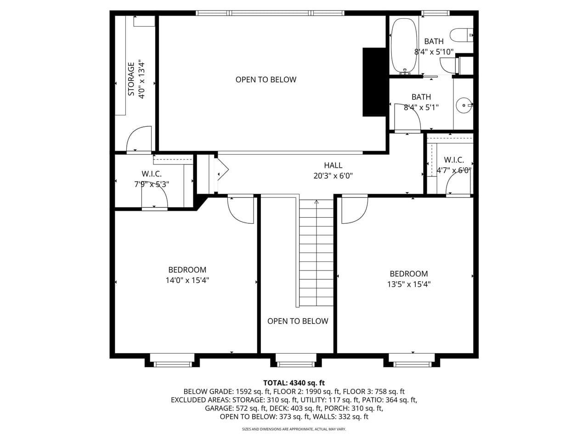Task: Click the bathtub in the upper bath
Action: pyautogui.click(x=404, y=45)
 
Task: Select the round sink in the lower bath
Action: pyautogui.click(x=464, y=105)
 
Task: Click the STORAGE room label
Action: pyautogui.click(x=131, y=79)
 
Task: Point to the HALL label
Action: pyautogui.click(x=333, y=165)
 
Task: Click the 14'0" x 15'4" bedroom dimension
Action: pyautogui.click(x=187, y=280)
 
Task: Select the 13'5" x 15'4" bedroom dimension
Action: pyautogui.click(x=408, y=284)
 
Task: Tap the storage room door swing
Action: pyautogui.click(x=139, y=138)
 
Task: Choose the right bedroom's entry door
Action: pyautogui.click(x=354, y=210)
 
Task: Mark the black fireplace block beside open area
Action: pyautogui.click(x=374, y=82)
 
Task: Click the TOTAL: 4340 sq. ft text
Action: pyautogui.click(x=294, y=383)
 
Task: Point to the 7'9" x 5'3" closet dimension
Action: pyautogui.click(x=151, y=184)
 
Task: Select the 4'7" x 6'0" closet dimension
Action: pyautogui.click(x=454, y=170)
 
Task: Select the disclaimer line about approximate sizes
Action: pyautogui.click(x=294, y=429)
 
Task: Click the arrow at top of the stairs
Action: pyautogui.click(x=316, y=202)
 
